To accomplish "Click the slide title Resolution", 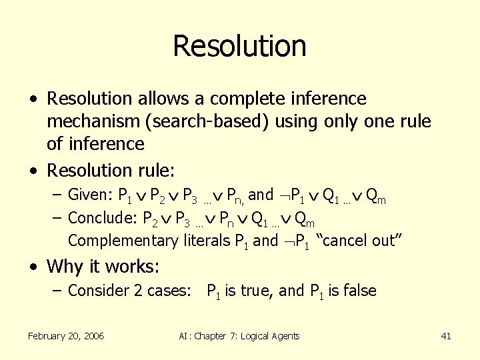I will (x=239, y=46).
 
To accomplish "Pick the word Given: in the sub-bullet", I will (x=91, y=195).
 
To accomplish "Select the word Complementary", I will (x=124, y=241).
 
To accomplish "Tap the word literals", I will (x=205, y=241).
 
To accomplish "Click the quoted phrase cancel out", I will (x=359, y=241).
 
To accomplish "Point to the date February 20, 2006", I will (x=65, y=336).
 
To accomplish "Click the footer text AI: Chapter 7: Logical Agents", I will (x=239, y=336).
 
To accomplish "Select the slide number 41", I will (x=446, y=336).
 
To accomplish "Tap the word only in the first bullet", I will (x=345, y=122).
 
